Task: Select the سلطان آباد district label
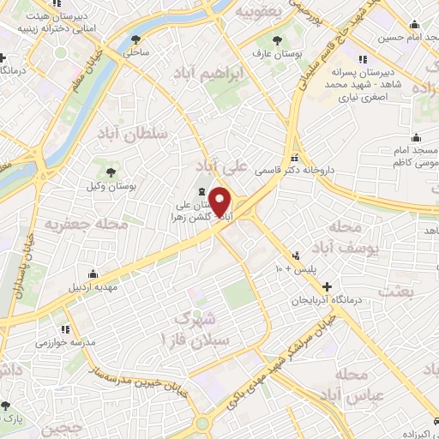(x=129, y=135)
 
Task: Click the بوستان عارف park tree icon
(x=275, y=40)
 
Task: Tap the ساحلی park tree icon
(x=136, y=39)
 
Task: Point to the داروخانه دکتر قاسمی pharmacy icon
(x=296, y=158)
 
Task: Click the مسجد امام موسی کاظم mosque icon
(x=417, y=138)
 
